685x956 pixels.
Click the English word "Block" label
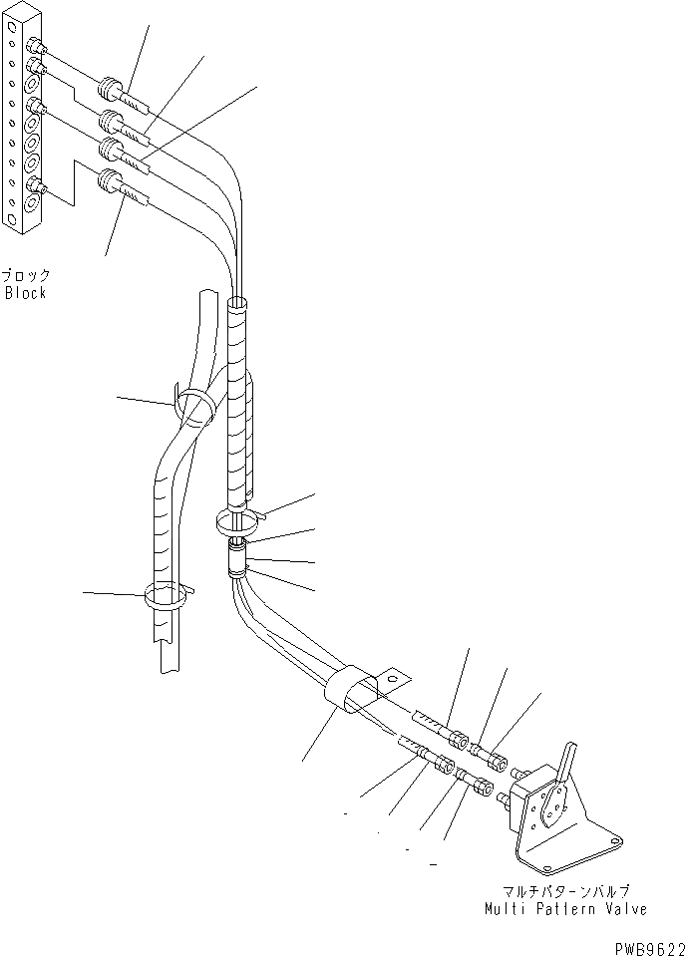tap(26, 293)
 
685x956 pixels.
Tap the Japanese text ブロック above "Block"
tap(26, 276)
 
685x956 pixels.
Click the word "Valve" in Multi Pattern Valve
tap(624, 908)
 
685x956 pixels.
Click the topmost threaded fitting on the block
tap(36, 46)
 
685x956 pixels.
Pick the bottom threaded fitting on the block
tap(36, 185)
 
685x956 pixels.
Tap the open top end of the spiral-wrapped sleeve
tap(238, 301)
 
